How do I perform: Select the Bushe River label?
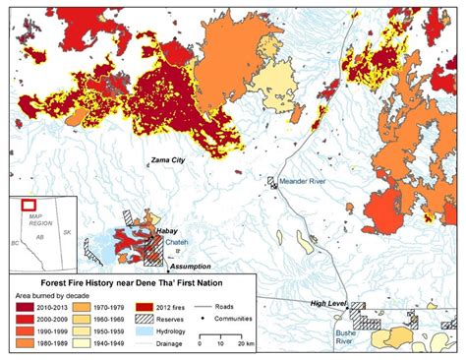point(351,337)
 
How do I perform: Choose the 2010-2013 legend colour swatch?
point(19,306)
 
